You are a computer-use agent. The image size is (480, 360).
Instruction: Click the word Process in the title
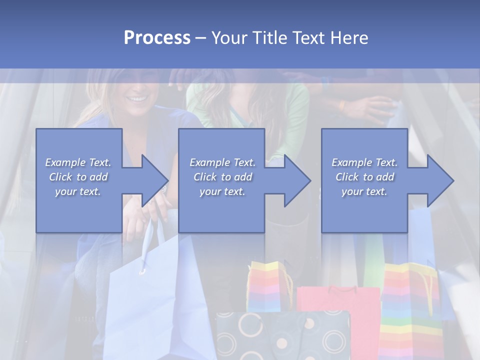click(x=157, y=37)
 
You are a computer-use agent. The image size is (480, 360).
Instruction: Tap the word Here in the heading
click(x=349, y=37)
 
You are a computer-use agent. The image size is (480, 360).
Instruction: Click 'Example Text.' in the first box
click(x=78, y=162)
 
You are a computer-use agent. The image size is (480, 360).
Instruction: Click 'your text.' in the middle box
click(x=222, y=191)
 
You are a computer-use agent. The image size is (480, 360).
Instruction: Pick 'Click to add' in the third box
click(x=364, y=177)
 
